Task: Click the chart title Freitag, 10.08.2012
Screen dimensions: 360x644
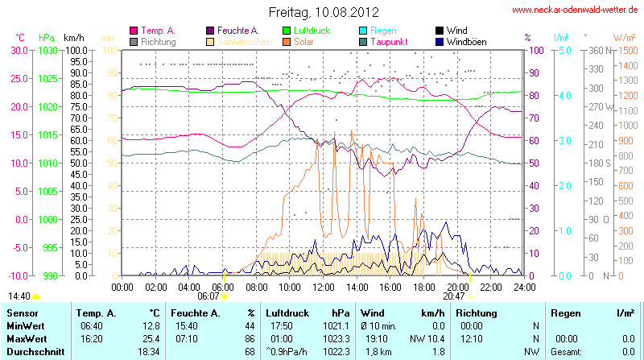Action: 323,11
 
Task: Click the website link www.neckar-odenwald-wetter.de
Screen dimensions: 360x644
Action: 576,10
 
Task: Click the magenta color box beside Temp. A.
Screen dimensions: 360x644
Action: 134,31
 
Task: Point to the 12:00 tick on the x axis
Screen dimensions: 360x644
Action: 323,287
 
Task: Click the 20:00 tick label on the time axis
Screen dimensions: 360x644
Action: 457,287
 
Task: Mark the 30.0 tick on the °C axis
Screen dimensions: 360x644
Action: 18,50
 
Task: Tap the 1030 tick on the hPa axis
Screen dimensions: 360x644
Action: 47,50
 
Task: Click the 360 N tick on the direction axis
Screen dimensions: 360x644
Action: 597,50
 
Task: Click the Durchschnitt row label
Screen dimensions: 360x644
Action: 35,352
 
